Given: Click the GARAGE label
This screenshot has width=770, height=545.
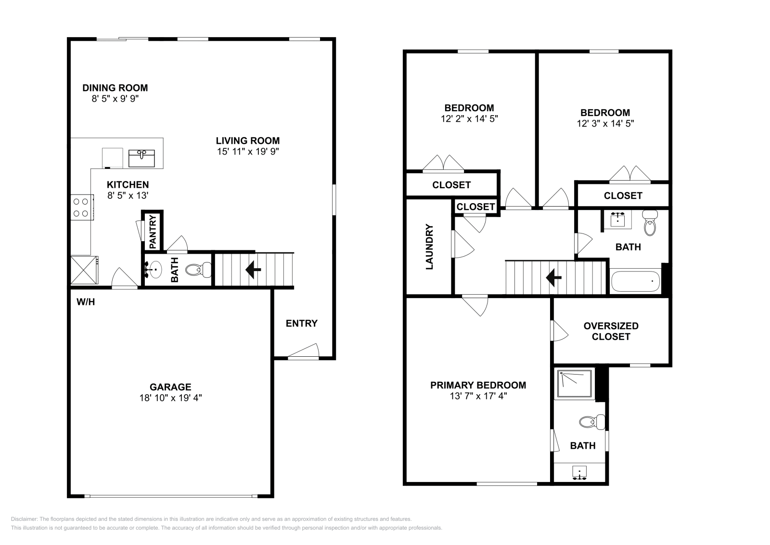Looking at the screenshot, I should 170,387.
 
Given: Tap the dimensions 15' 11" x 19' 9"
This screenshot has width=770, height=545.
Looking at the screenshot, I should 248,151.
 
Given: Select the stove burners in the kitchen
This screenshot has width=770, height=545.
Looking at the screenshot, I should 81,207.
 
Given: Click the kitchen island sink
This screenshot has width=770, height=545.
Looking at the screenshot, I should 141,158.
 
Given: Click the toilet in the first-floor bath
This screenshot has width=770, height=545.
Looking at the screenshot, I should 198,270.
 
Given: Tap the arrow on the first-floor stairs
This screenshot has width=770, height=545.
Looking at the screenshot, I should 253,270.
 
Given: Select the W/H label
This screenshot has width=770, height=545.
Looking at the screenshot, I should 86,302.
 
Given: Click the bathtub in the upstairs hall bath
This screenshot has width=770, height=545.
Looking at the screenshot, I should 635,281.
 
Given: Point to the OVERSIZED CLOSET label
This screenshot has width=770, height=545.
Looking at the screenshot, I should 611,331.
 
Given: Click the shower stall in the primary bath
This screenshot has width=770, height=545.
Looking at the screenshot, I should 575,384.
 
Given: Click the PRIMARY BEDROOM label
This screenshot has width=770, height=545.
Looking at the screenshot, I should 478,385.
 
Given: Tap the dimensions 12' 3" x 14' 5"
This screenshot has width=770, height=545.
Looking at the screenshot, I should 605,123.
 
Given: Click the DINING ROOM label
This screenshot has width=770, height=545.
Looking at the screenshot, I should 115,88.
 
